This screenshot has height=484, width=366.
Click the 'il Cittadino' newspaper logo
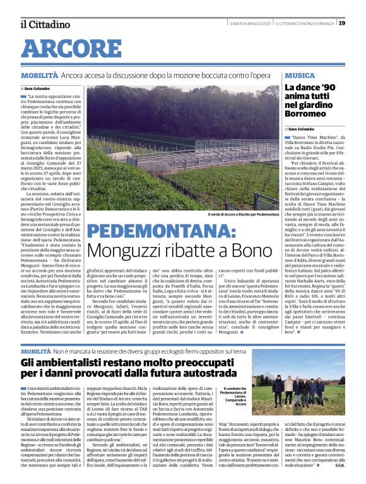point(44,25)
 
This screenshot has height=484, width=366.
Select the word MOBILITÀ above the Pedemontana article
point(38,75)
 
